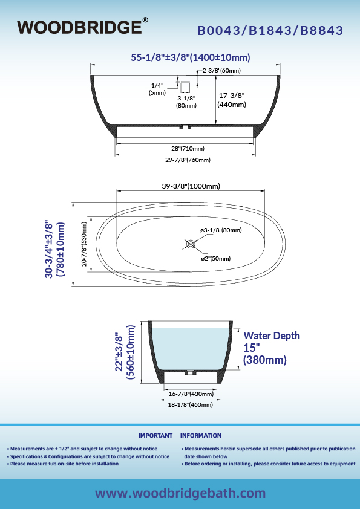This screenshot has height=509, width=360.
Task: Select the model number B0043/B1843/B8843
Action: [270, 30]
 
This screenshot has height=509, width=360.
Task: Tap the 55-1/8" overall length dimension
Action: [191, 57]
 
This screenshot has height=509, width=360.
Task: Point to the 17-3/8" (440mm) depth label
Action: [232, 100]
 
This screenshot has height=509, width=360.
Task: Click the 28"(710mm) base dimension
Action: [188, 148]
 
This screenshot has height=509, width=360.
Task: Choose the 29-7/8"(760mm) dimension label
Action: [188, 160]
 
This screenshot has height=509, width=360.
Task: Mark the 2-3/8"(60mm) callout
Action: [221, 71]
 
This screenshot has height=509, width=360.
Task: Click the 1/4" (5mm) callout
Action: [157, 89]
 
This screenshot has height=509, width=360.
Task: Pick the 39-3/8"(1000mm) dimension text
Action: [191, 186]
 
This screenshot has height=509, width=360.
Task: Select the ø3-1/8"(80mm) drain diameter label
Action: [221, 230]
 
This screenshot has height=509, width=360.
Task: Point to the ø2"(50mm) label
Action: [216, 258]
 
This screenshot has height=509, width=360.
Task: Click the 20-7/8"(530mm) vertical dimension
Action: [84, 244]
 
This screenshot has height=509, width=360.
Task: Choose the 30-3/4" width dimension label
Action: [54, 249]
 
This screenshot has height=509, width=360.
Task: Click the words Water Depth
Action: [272, 336]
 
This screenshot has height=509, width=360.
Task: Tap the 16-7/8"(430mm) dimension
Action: [191, 394]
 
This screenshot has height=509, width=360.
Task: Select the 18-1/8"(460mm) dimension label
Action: [191, 405]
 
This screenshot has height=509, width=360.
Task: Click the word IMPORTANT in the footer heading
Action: [155, 436]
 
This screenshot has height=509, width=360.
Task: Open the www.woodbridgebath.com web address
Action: [180, 493]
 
